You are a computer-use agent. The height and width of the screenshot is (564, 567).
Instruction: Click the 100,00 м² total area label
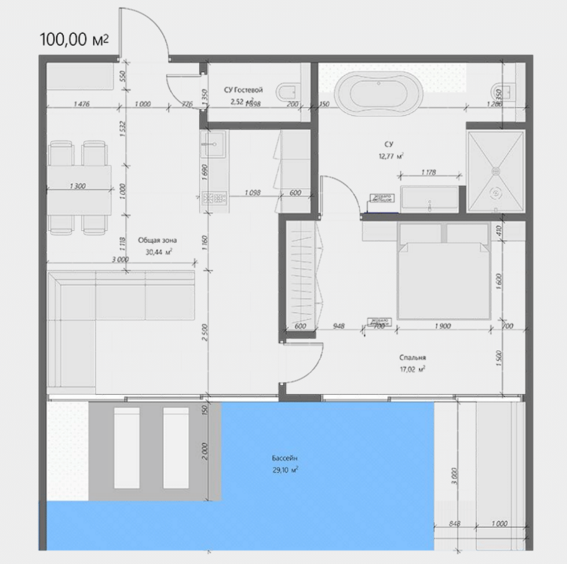(74, 40)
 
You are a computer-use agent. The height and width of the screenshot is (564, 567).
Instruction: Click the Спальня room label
(412, 358)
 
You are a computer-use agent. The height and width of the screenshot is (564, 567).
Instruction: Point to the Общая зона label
(157, 241)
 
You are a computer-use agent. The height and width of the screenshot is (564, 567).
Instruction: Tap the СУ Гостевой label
(243, 90)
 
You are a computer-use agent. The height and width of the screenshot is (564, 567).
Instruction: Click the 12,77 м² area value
(390, 156)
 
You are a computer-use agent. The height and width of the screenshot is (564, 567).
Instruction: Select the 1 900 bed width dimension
(442, 326)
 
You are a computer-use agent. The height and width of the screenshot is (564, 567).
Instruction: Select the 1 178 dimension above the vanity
(429, 173)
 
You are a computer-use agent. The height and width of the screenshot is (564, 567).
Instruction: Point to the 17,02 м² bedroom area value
(412, 369)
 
